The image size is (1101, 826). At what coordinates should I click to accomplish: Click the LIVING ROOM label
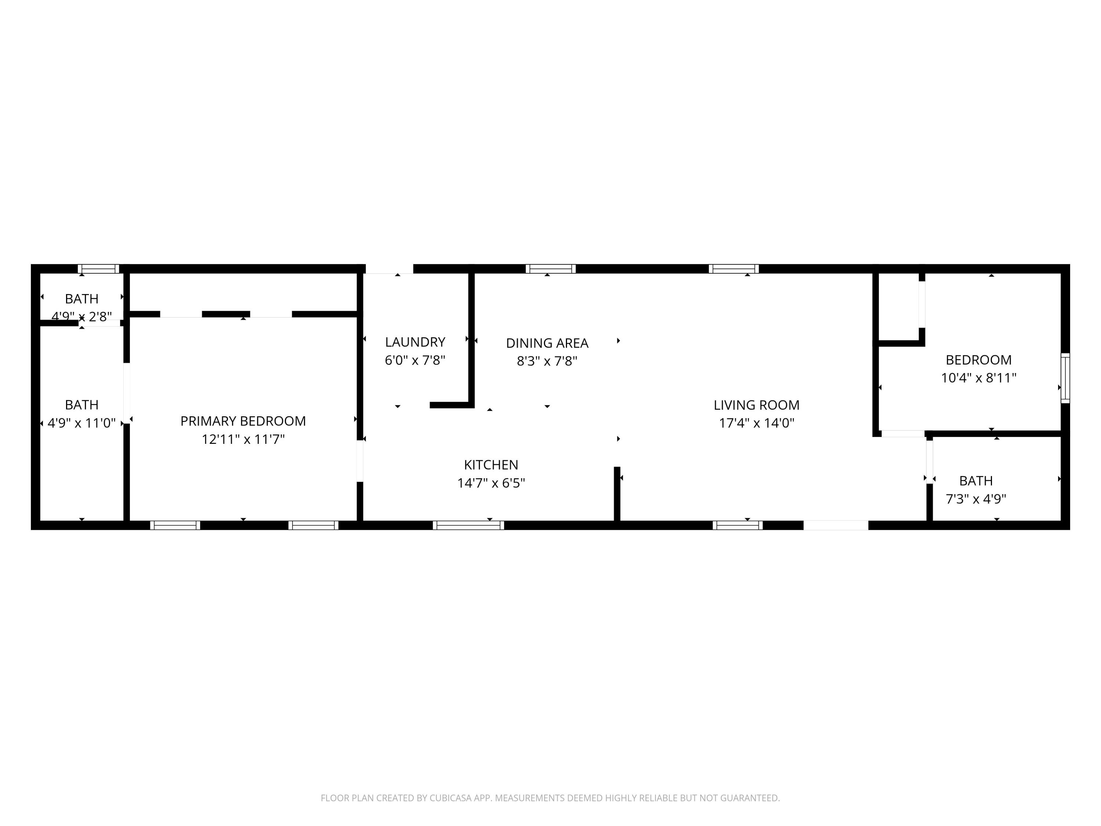756,405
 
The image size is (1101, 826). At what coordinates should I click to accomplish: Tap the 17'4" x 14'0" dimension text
756,423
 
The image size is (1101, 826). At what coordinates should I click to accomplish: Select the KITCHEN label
491,464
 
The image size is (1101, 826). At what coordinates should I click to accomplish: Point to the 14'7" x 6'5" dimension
491,482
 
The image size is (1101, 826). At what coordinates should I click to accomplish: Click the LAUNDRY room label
415,342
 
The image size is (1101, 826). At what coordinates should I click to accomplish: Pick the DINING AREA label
547,343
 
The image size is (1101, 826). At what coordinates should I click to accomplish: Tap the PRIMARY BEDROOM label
243,421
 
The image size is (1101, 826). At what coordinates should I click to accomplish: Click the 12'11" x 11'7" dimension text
243,439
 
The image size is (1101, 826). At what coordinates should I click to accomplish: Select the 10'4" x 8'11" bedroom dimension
978,378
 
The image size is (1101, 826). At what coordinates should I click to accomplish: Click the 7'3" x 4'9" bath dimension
975,499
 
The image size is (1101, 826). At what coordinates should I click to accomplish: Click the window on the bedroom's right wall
1065,378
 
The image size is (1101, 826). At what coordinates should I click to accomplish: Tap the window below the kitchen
468,525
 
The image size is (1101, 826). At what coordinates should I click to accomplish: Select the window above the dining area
550,269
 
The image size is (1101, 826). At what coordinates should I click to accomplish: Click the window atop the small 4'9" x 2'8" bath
99,269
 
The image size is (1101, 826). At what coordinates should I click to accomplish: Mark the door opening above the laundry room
389,269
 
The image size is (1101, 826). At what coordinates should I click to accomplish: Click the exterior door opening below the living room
836,525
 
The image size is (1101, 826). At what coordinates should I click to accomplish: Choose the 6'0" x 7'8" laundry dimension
415,360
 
